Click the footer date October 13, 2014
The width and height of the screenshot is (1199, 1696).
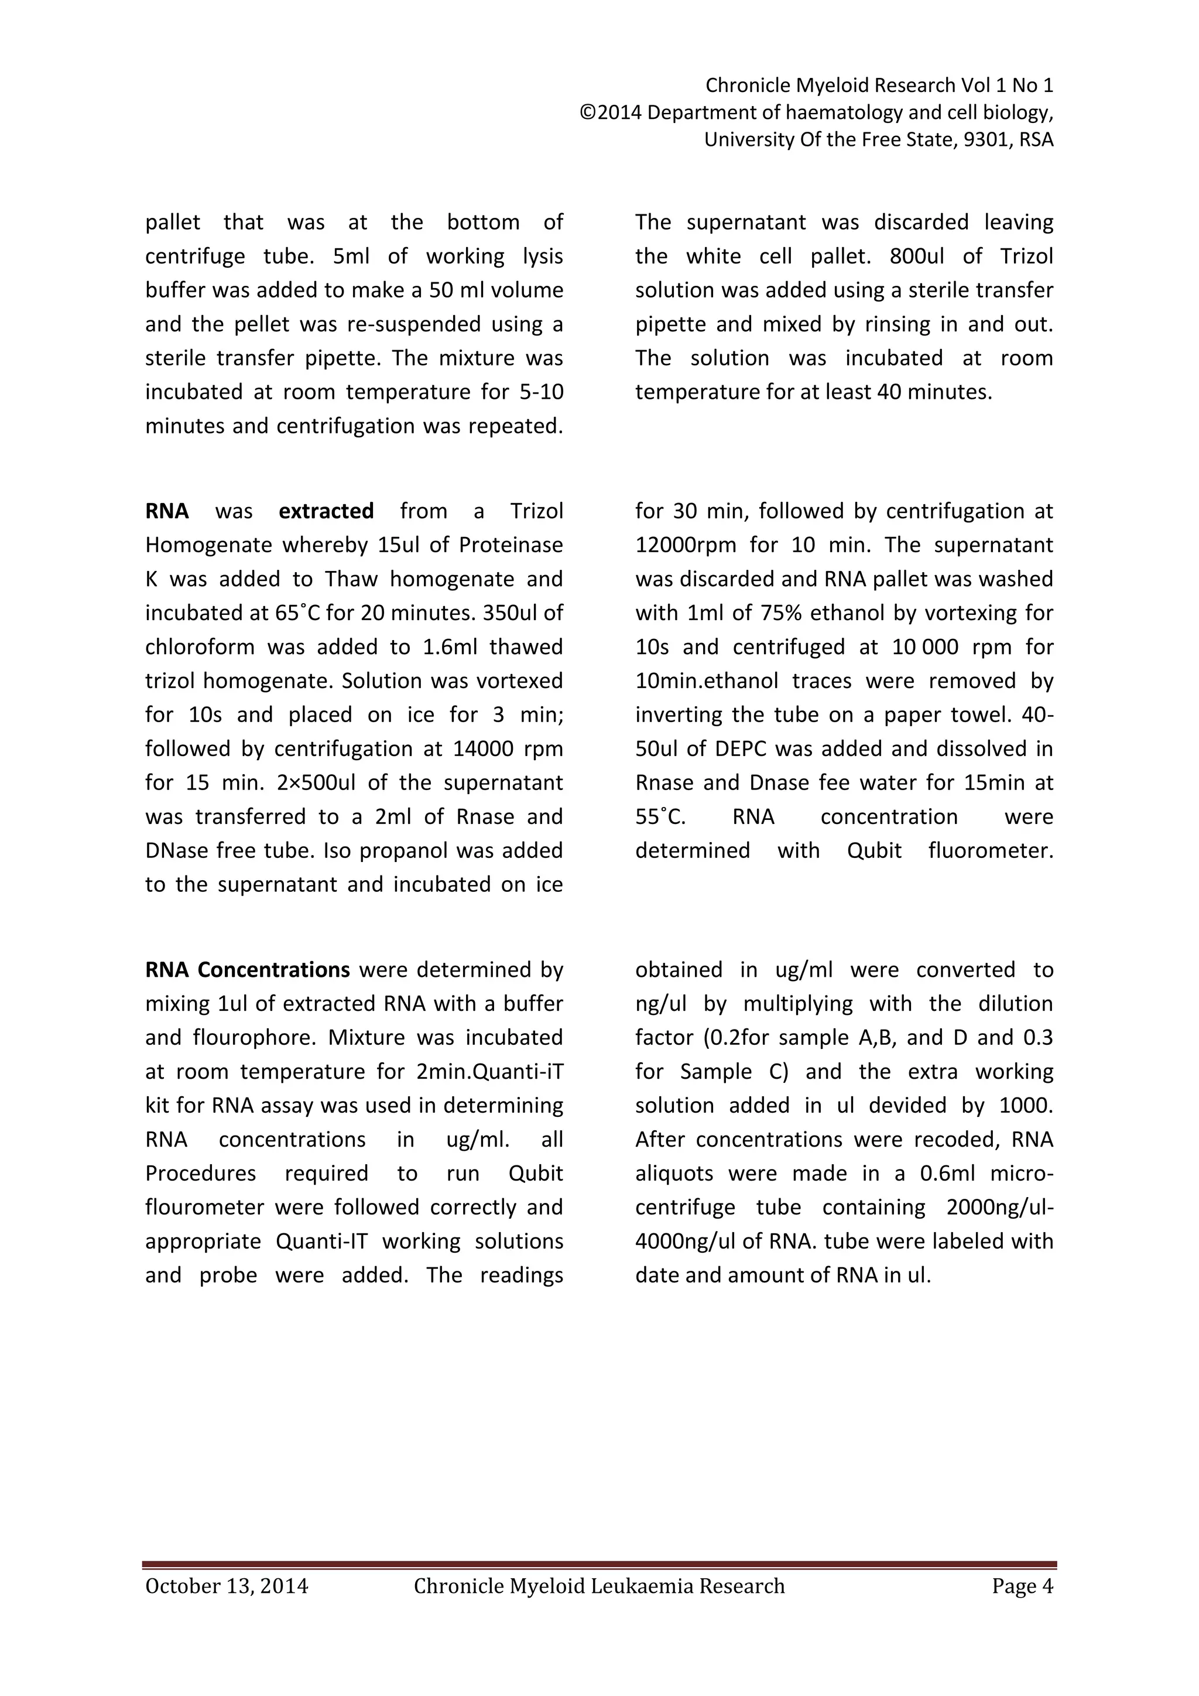pos(227,1586)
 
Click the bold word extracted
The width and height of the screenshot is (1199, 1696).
pos(326,511)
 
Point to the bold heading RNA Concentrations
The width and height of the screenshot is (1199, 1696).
pos(247,970)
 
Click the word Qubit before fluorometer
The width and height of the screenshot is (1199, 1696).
pos(874,851)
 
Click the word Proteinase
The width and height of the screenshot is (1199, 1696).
pos(511,545)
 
